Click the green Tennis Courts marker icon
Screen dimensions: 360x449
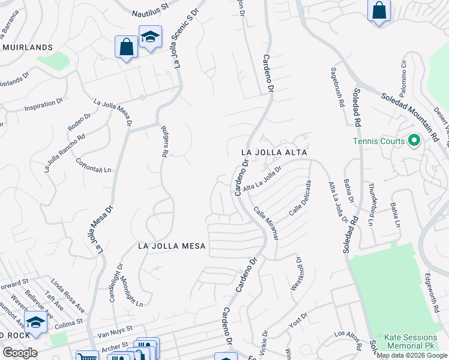point(414,141)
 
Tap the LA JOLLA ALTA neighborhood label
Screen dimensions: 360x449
point(274,152)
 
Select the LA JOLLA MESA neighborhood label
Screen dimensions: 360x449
point(172,246)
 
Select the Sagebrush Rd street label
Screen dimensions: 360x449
point(338,86)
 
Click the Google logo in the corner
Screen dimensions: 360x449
point(19,353)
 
